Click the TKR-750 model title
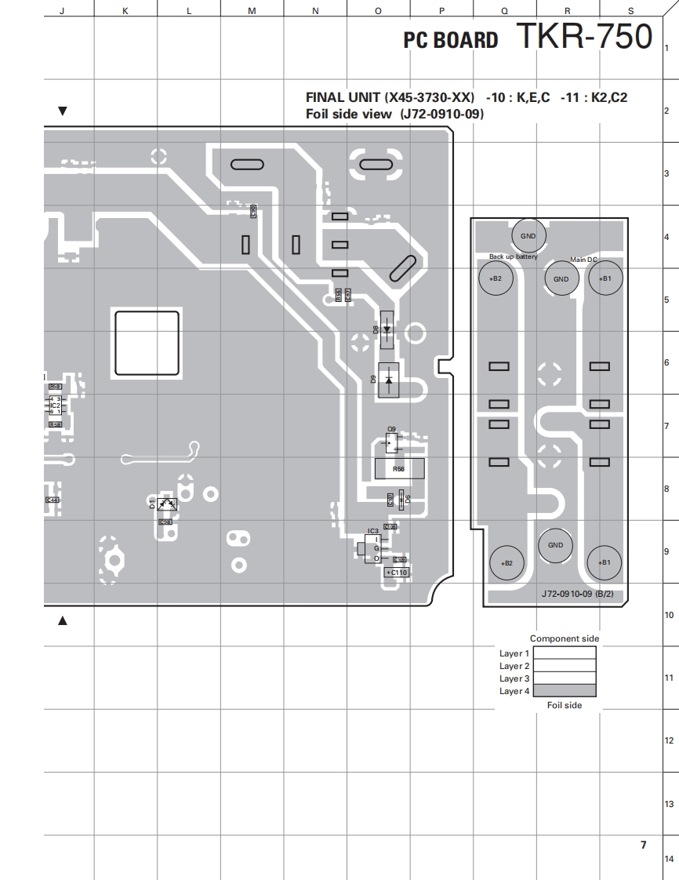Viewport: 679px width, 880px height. pos(583,36)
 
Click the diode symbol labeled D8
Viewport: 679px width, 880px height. pos(387,330)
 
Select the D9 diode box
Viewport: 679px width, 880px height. pos(390,380)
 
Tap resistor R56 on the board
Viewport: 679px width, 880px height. pos(399,469)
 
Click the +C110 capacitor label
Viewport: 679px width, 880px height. pos(397,573)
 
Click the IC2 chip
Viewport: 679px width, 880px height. pos(55,405)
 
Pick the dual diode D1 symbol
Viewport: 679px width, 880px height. pos(167,504)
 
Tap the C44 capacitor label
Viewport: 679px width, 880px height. pos(53,500)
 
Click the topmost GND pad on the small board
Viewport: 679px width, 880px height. pos(528,235)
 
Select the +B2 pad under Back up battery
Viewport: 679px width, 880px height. pos(495,278)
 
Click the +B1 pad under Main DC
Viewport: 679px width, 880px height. pos(605,278)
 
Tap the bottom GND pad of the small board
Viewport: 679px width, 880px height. pos(555,545)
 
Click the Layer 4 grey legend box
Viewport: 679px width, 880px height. pos(565,691)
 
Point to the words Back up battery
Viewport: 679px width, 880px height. pos(514,256)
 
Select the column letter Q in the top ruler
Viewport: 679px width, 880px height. pos(504,10)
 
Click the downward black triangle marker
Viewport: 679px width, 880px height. pos(63,111)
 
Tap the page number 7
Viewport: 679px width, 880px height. pos(643,845)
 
